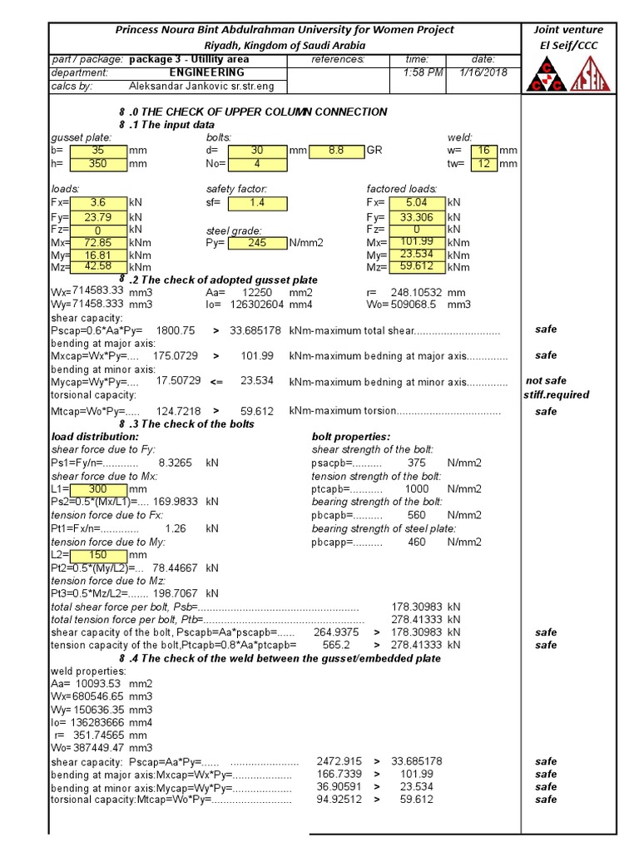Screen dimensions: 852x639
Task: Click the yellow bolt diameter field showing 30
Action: click(x=257, y=151)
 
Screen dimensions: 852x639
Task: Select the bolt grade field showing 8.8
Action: click(x=336, y=151)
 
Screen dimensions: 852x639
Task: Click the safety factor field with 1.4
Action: click(x=257, y=202)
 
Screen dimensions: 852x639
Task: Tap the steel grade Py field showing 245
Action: click(x=257, y=243)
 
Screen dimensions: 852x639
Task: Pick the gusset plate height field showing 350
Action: click(x=98, y=164)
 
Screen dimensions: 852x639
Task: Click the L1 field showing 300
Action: click(x=98, y=489)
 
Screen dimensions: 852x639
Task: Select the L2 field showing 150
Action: click(x=98, y=555)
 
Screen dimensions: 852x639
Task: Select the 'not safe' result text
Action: click(x=546, y=381)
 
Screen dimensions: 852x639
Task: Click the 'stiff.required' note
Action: click(x=556, y=395)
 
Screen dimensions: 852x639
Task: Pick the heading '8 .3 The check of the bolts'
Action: click(x=186, y=424)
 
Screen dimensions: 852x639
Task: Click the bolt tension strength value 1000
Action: click(x=416, y=489)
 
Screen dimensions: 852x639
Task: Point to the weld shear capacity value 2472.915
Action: click(x=339, y=761)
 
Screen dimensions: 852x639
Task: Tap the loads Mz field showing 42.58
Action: click(x=98, y=267)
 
